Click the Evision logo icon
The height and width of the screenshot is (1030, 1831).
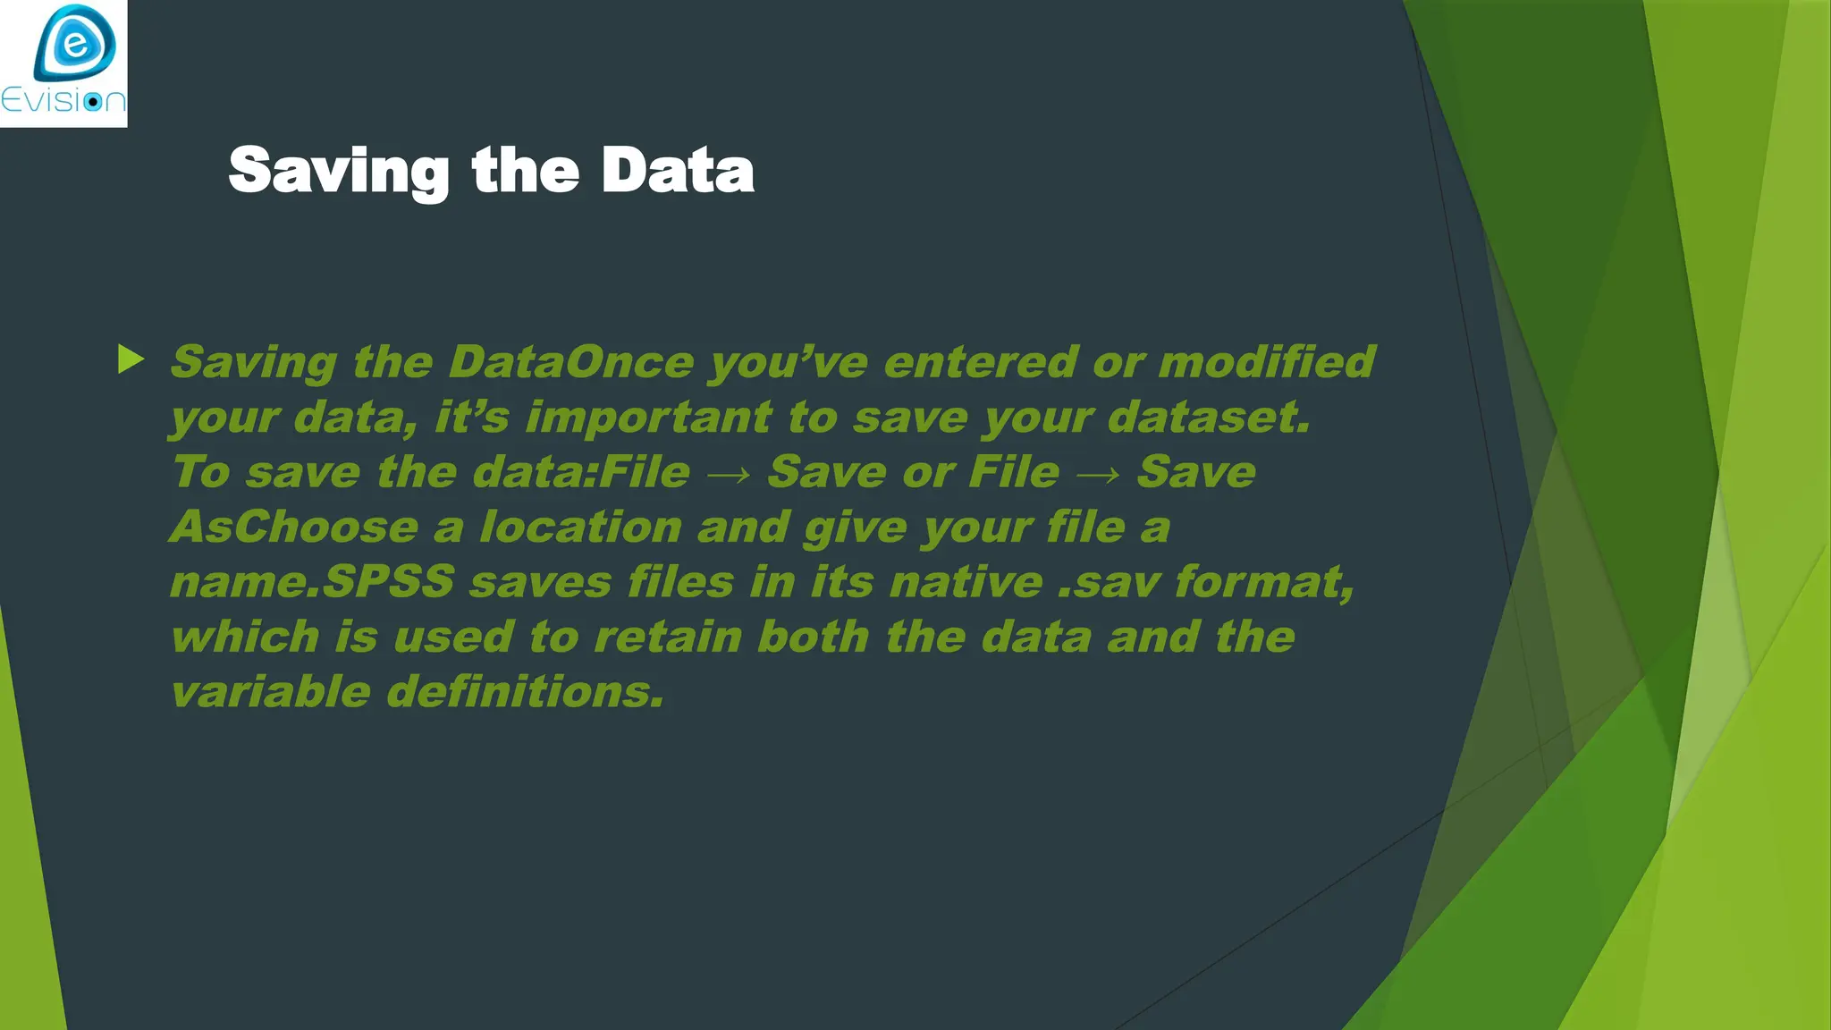pyautogui.click(x=75, y=43)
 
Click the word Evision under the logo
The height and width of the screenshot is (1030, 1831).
pyautogui.click(x=63, y=100)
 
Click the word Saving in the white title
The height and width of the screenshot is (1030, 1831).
pyautogui.click(x=339, y=171)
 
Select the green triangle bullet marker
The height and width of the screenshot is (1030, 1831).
pyautogui.click(x=131, y=359)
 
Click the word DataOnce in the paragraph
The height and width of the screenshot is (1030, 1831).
pyautogui.click(x=570, y=362)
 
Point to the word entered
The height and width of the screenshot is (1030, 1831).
pyautogui.click(x=980, y=362)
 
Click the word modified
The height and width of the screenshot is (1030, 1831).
pyautogui.click(x=1267, y=362)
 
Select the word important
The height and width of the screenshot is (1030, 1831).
pyautogui.click(x=648, y=418)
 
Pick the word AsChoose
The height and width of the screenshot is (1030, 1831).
pyautogui.click(x=294, y=528)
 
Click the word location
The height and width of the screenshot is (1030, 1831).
pyautogui.click(x=581, y=528)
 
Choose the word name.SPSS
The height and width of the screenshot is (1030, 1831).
pyautogui.click(x=312, y=583)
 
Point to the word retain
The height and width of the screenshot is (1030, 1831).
pyautogui.click(x=668, y=637)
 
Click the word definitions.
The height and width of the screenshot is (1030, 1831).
pyautogui.click(x=526, y=693)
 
